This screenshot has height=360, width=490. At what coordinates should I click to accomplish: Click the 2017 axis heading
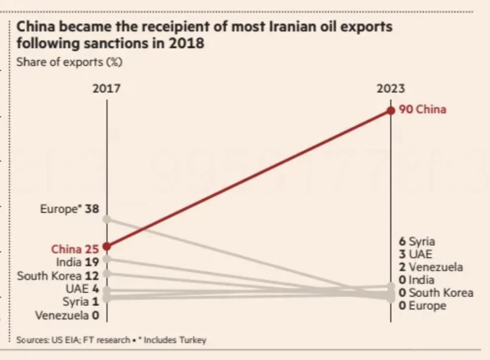[106, 88]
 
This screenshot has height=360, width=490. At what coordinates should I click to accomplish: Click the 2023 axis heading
[391, 88]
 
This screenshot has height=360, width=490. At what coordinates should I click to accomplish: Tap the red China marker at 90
[391, 110]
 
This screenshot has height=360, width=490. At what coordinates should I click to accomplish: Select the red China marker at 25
[107, 246]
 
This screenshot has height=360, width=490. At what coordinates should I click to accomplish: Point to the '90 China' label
[423, 109]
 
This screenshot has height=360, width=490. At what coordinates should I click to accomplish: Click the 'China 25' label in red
[74, 249]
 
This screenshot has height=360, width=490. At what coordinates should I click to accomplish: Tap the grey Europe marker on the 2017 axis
[107, 219]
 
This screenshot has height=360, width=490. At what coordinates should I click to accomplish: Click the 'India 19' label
[77, 262]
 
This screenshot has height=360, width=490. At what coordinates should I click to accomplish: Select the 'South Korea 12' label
[57, 276]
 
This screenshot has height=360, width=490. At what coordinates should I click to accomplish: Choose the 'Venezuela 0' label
[66, 315]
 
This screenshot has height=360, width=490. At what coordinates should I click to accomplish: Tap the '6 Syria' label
[417, 241]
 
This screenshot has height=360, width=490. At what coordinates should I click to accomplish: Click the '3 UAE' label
[416, 255]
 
